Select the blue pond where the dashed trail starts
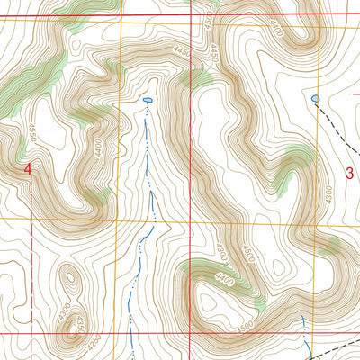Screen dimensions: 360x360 coord(314,97)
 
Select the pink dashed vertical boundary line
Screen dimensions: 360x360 coord(34,270)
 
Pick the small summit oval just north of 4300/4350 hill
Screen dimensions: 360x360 coord(69,280)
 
